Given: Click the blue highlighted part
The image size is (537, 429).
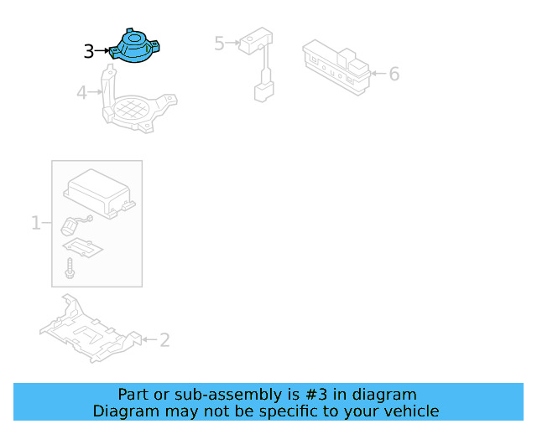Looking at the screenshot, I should (x=136, y=47).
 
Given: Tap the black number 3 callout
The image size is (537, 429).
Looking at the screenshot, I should (x=89, y=52).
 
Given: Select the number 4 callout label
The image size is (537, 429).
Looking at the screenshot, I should (x=81, y=92).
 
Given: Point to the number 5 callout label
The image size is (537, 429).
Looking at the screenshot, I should (x=219, y=43).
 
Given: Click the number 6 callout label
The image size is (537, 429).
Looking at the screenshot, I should (x=394, y=74).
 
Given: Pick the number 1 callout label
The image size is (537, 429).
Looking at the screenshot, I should (x=36, y=223).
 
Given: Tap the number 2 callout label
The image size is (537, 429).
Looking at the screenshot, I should (x=164, y=339).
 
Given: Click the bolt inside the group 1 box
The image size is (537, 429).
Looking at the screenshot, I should (x=70, y=269).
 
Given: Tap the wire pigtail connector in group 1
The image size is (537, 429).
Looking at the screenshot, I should (x=74, y=223).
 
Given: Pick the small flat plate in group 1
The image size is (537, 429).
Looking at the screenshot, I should (x=84, y=248).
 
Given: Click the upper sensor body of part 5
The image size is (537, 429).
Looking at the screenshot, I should (x=253, y=41).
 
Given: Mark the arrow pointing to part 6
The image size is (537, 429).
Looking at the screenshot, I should (x=377, y=74).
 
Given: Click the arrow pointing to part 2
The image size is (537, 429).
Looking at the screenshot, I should (x=148, y=339).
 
